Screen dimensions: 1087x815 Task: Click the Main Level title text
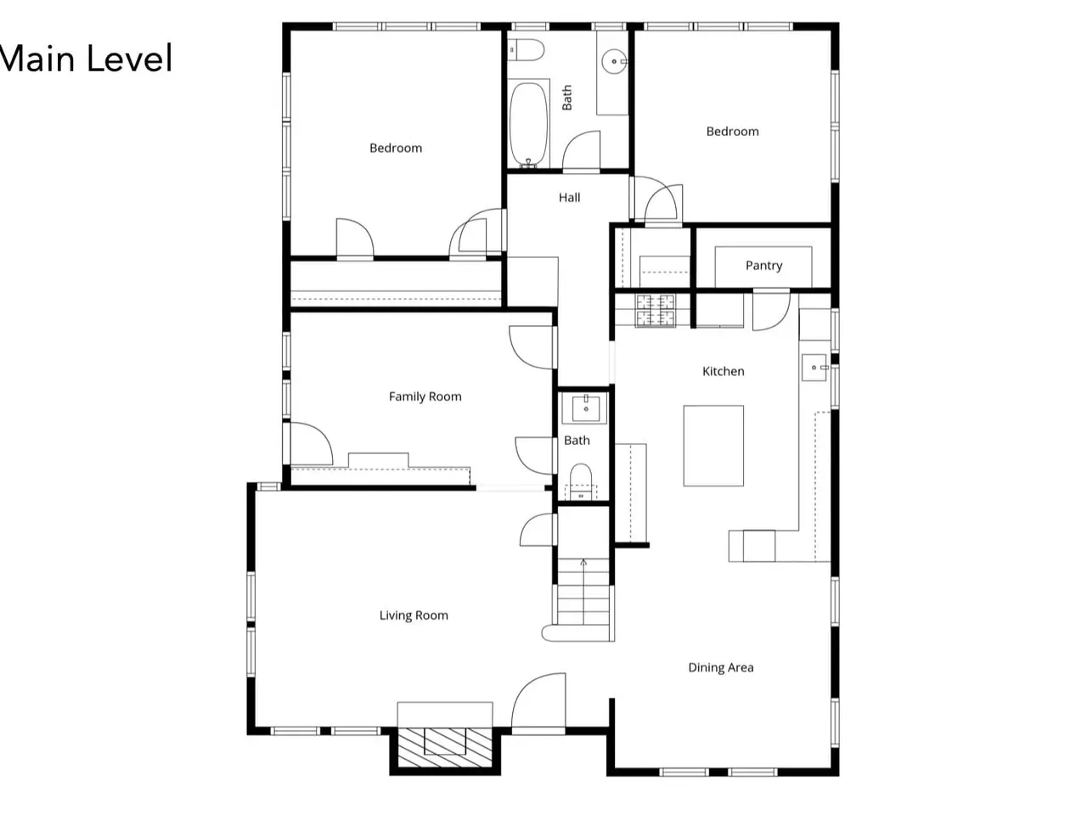pos(85,59)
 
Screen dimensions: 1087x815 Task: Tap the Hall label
pos(569,198)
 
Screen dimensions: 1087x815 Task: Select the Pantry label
pos(763,266)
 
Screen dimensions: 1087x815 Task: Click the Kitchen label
pos(723,371)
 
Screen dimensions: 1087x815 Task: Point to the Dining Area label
pos(720,667)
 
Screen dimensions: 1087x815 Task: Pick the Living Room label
pos(414,615)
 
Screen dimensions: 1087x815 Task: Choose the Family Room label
pos(425,396)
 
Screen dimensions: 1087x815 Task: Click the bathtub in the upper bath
pos(528,124)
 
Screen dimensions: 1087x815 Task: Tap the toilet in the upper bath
pos(526,50)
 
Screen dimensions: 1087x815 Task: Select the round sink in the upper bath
pos(614,61)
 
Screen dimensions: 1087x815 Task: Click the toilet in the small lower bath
pos(580,481)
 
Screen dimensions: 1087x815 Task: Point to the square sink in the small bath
pos(585,408)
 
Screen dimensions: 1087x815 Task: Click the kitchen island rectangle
pos(713,446)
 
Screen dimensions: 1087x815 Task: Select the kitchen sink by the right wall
pos(814,367)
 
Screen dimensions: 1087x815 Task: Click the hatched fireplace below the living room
pos(445,747)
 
